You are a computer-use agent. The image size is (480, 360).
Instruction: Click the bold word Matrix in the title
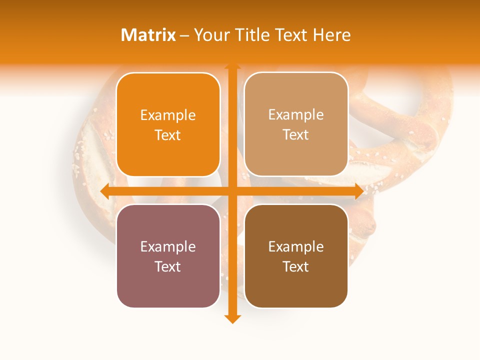(x=148, y=35)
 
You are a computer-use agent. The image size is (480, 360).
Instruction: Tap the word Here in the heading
(x=332, y=35)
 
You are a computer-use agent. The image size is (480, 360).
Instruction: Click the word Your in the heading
(x=212, y=35)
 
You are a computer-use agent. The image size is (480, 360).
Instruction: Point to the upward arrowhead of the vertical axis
(x=232, y=67)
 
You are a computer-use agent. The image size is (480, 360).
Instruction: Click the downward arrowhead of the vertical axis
(x=232, y=318)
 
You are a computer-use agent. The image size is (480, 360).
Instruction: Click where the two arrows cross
(x=232, y=191)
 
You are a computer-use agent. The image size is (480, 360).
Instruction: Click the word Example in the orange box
(x=168, y=115)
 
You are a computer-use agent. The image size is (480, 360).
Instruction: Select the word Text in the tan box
(x=296, y=135)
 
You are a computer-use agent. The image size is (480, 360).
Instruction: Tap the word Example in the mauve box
(x=168, y=247)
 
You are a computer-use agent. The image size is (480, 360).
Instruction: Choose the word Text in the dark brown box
(x=296, y=266)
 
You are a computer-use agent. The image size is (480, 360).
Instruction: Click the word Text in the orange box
(x=168, y=135)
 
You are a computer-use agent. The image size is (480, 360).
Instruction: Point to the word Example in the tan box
(x=296, y=115)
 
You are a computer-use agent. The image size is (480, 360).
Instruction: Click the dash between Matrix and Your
(x=185, y=35)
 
